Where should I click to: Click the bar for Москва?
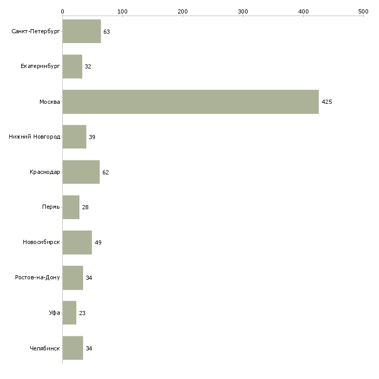(x=191, y=102)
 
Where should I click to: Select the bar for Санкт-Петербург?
(x=82, y=31)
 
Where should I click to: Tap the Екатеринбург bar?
(x=72, y=66)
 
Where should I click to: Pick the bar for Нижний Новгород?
(x=74, y=137)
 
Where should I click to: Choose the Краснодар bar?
(x=81, y=172)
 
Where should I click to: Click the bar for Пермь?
(x=71, y=207)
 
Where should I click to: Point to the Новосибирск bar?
(x=77, y=242)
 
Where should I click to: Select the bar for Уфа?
(x=70, y=313)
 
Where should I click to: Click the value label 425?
(x=327, y=102)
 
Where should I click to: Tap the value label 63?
(x=106, y=32)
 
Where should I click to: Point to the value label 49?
(x=98, y=242)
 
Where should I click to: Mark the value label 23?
(x=82, y=313)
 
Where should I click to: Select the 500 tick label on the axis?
(x=363, y=11)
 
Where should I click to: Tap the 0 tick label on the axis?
(x=62, y=11)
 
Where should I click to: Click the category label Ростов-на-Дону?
(x=37, y=277)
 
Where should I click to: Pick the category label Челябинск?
(x=45, y=348)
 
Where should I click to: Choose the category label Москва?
(x=50, y=102)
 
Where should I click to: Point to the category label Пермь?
(x=51, y=207)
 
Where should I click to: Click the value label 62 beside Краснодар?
(x=105, y=172)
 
